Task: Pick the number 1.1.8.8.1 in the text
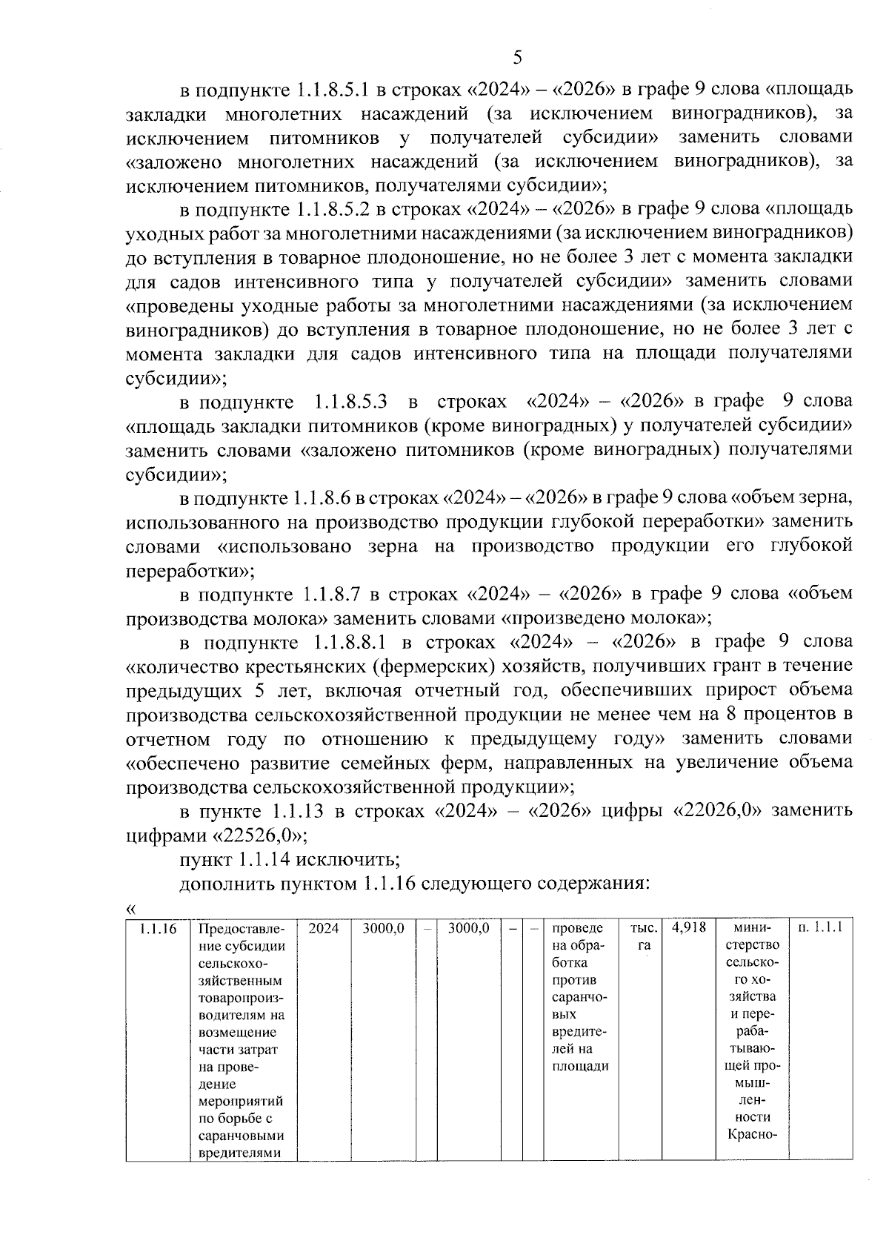[351, 641]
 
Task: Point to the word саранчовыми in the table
[241, 1136]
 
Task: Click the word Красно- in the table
[752, 1135]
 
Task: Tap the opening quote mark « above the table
[131, 909]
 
